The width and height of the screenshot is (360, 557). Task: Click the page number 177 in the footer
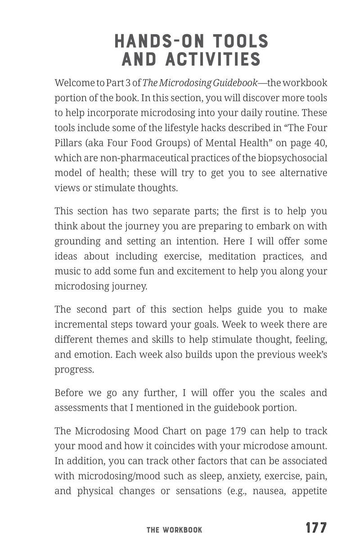tap(316, 528)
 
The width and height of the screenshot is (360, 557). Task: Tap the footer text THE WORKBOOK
tap(175, 530)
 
